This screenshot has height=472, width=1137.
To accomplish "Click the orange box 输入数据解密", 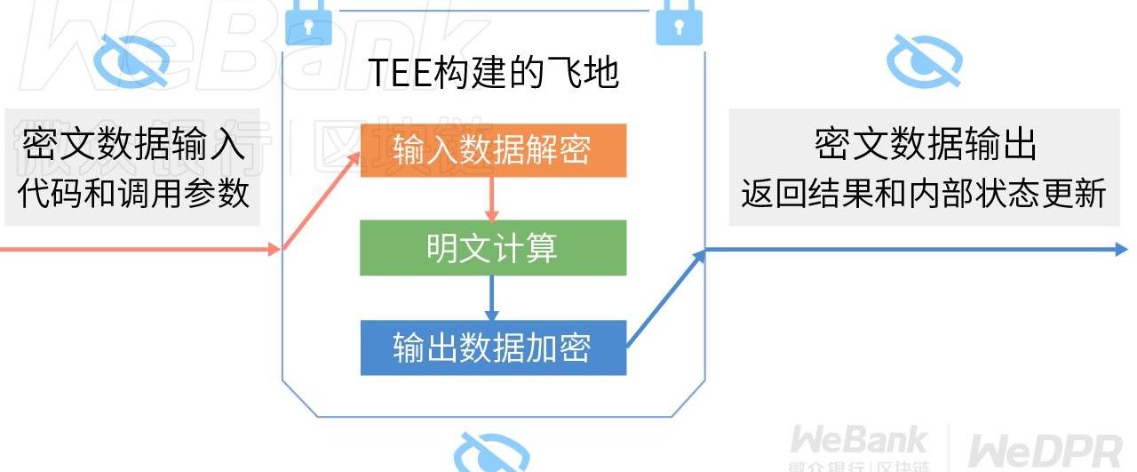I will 493,150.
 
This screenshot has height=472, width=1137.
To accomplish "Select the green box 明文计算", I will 493,248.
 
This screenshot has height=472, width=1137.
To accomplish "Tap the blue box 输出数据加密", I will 493,348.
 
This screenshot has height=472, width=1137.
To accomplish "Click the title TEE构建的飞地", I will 493,73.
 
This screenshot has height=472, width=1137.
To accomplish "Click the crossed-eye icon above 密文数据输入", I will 131,60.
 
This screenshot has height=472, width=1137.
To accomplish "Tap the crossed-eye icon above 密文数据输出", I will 925,60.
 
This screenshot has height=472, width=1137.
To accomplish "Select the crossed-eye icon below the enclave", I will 491,453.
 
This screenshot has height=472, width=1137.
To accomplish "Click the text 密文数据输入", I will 133,145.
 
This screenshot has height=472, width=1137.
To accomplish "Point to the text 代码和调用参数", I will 133,193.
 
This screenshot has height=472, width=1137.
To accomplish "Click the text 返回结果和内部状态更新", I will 924,193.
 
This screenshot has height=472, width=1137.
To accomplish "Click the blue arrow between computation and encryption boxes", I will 491,299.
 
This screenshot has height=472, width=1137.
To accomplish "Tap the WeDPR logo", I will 1044,450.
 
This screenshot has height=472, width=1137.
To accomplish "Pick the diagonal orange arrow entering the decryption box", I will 322,202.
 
